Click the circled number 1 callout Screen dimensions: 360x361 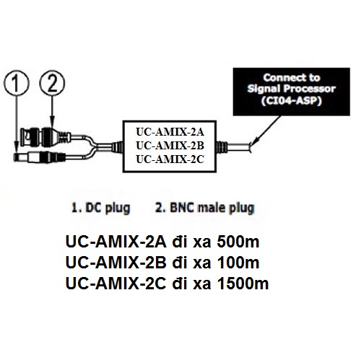15,82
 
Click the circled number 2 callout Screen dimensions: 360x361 50,82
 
